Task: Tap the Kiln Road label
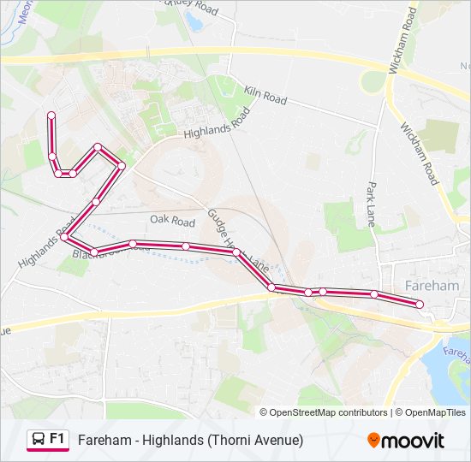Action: tap(264, 94)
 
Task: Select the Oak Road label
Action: tap(172, 220)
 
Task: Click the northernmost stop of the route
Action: tap(51, 115)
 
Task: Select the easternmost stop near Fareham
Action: tap(420, 304)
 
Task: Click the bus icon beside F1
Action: tap(39, 440)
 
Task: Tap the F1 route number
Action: tap(57, 439)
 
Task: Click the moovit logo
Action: tap(406, 441)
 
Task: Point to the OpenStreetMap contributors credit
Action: tap(328, 412)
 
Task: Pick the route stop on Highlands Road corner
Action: tap(64, 237)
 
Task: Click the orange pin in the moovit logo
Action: tap(373, 441)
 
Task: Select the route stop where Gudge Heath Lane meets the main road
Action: tap(271, 287)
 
